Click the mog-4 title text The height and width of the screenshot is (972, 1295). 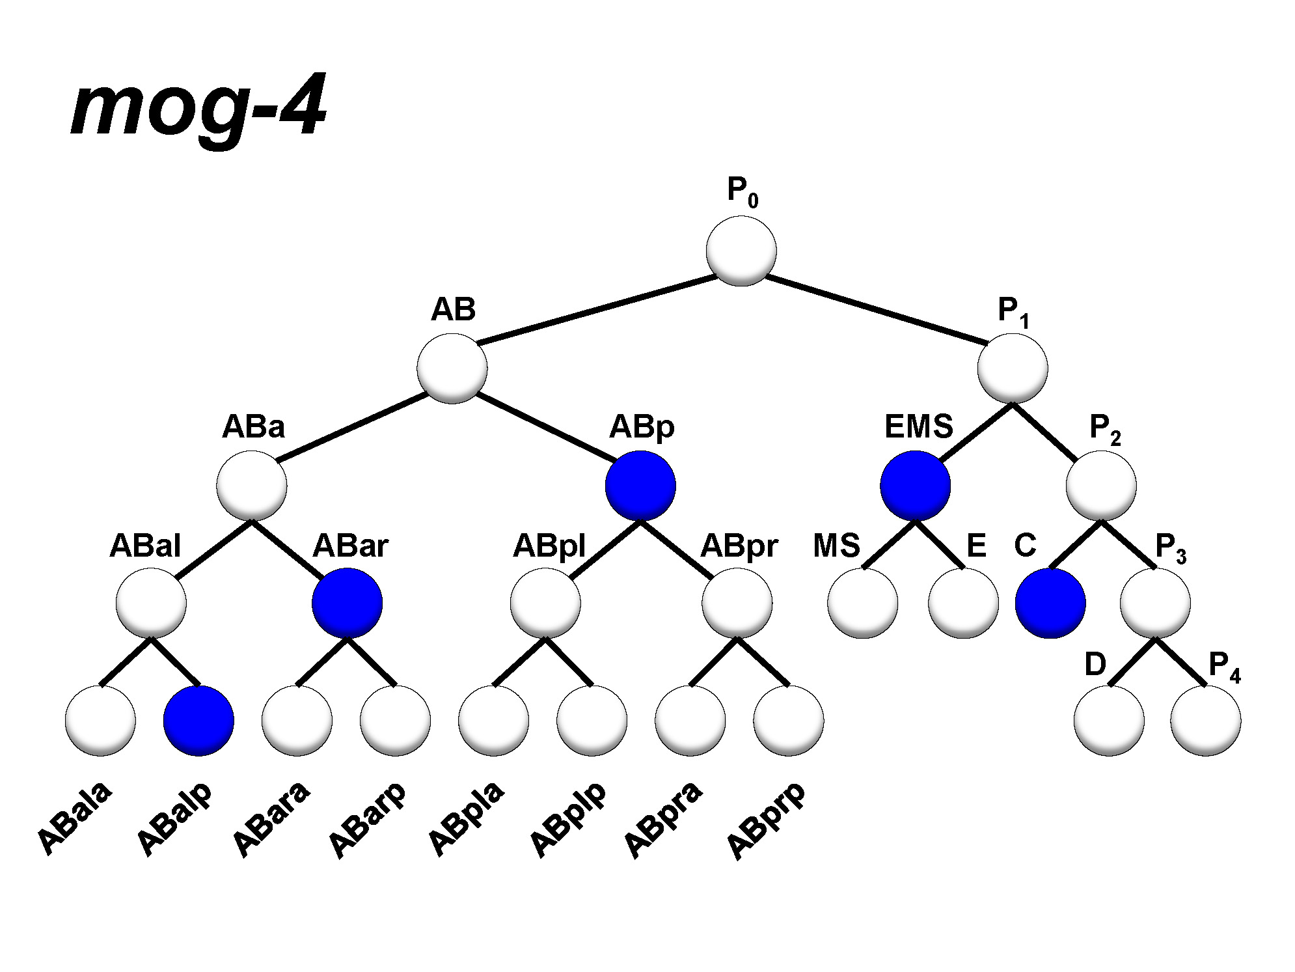[x=198, y=107]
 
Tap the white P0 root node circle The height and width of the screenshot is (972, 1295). [x=741, y=251]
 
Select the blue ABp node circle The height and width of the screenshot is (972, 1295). [x=640, y=486]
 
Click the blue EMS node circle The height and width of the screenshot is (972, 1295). [x=915, y=486]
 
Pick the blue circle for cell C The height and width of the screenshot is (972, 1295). [x=1050, y=603]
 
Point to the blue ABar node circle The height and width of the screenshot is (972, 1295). [x=347, y=603]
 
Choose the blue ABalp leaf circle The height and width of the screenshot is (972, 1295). [x=198, y=721]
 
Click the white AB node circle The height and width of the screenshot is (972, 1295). [x=452, y=368]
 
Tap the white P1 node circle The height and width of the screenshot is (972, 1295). [x=1013, y=368]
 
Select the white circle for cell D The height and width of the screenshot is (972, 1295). [x=1109, y=721]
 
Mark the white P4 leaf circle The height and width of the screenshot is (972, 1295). [x=1205, y=721]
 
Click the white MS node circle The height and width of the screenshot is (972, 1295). [x=862, y=603]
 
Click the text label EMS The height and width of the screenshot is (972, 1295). [x=918, y=427]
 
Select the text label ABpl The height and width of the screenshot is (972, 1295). [x=549, y=546]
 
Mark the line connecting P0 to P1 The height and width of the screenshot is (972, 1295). [x=875, y=310]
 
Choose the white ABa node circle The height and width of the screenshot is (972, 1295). [x=252, y=486]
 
